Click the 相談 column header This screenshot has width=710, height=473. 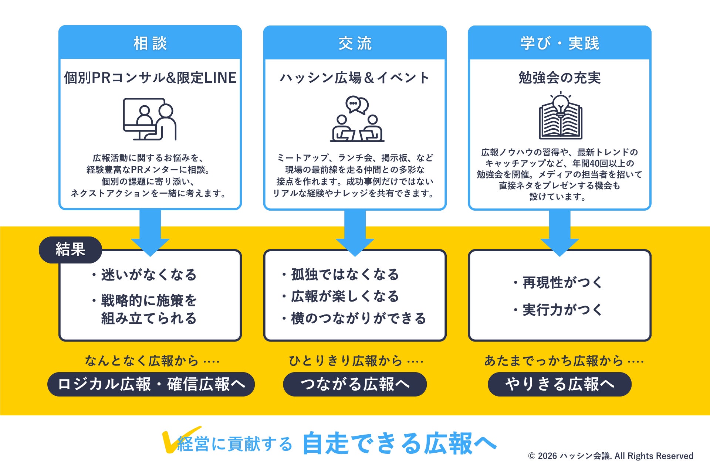pos(150,43)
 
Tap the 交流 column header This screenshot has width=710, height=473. pos(355,43)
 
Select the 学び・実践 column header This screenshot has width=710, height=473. pos(559,43)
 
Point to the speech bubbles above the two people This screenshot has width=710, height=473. pos(357,105)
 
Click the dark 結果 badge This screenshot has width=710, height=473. pos(70,249)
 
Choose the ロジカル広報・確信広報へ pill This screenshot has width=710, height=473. pos(151,384)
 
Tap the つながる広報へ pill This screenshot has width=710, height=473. pos(355,384)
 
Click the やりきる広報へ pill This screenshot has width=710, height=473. pos(559,384)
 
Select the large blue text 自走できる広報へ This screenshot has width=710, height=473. pos(399,443)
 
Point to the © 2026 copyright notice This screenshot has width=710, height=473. pos(611,456)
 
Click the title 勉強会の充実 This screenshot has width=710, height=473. pos(559,78)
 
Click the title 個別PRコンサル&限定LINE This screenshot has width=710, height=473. pos(150,78)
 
